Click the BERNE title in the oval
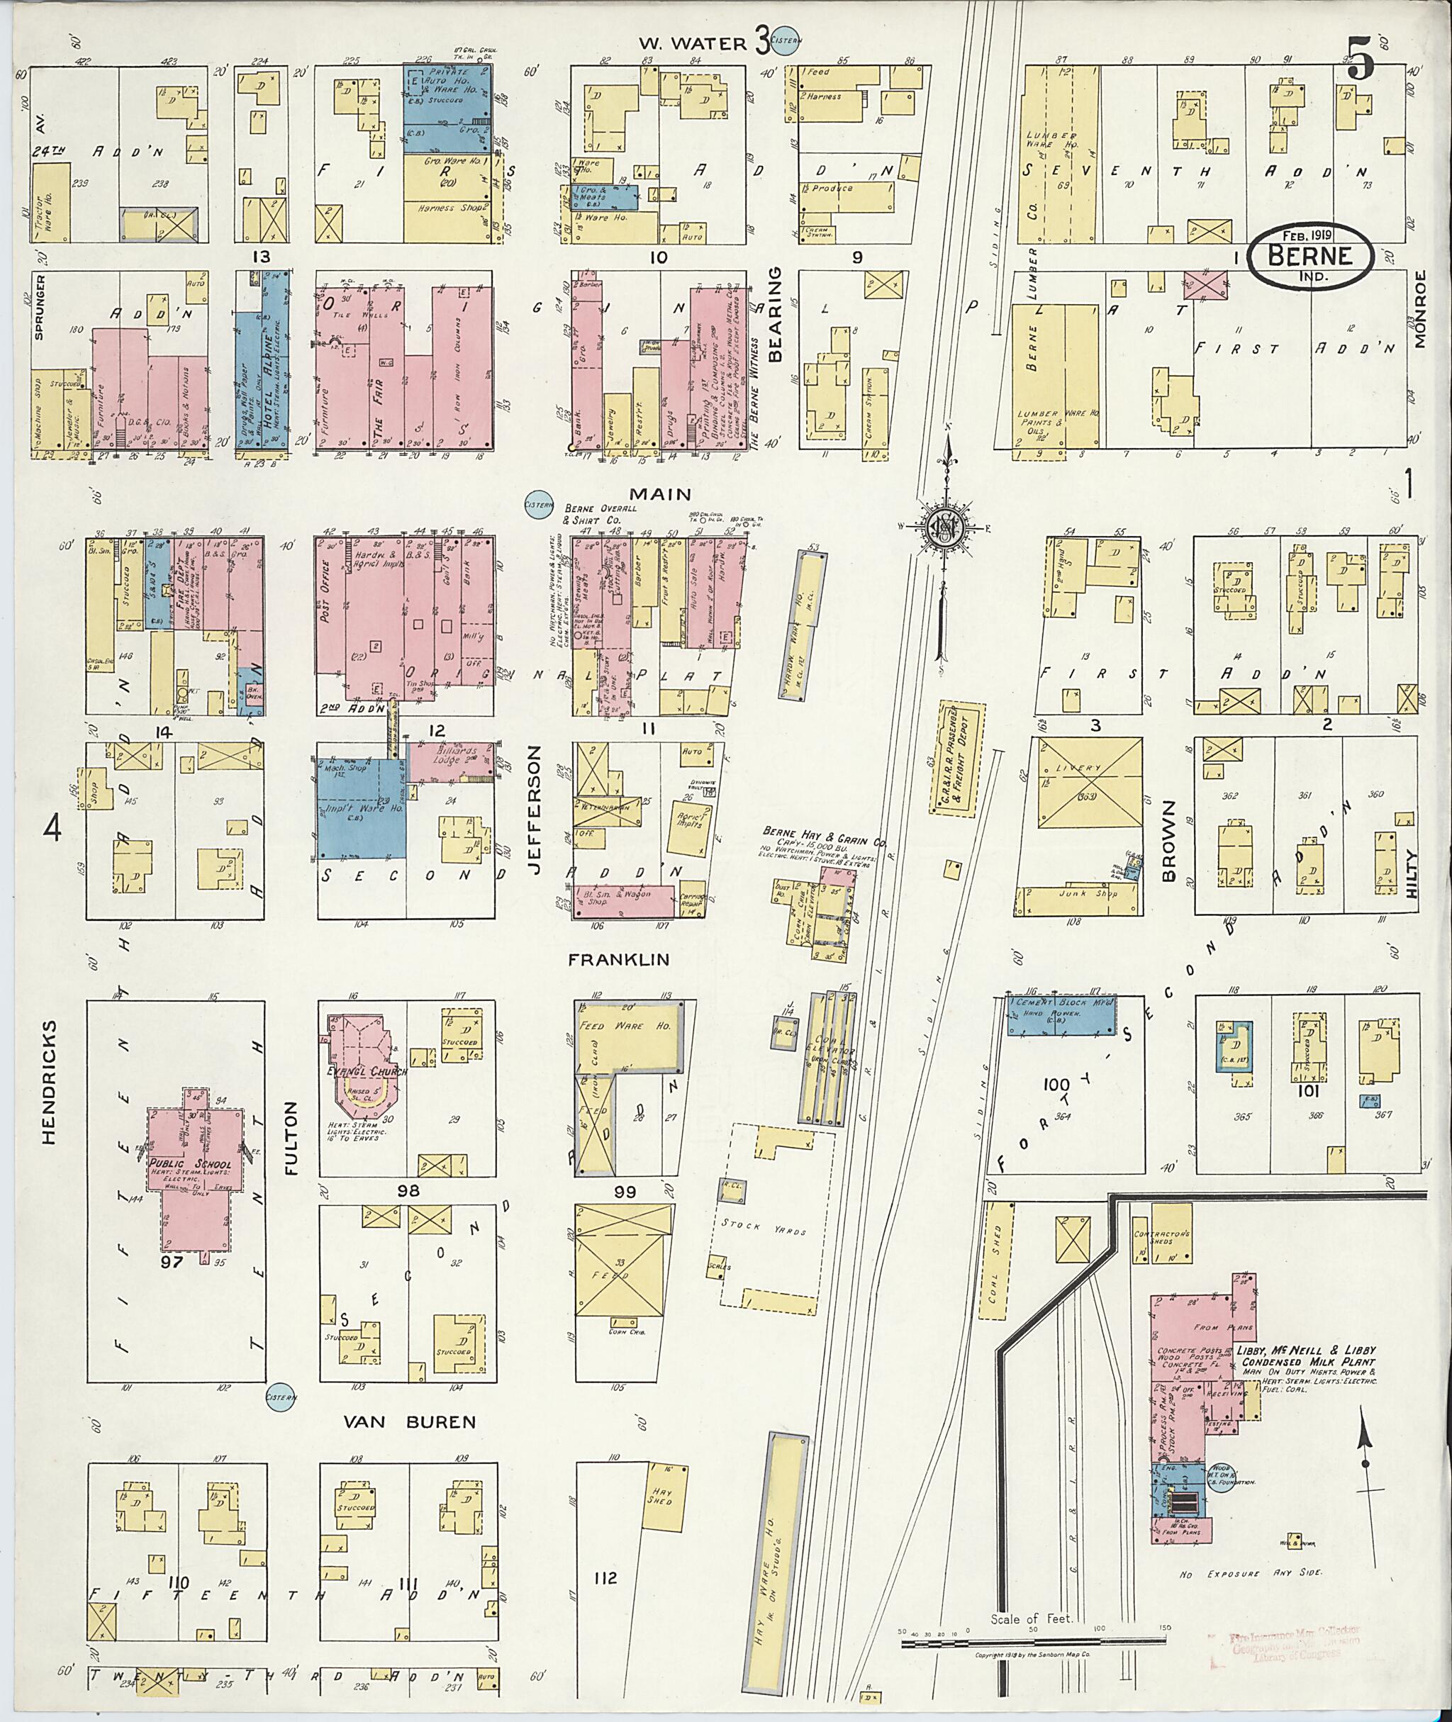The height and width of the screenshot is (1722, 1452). [1310, 255]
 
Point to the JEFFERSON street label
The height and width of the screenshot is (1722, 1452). [533, 798]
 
